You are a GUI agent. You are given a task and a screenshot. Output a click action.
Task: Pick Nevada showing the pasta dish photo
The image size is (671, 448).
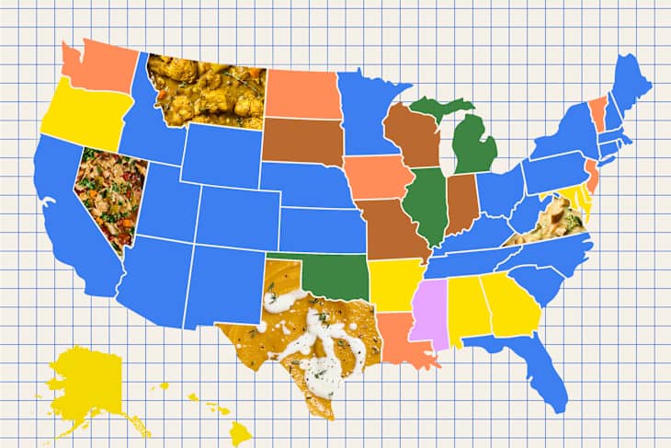click(x=108, y=193)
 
